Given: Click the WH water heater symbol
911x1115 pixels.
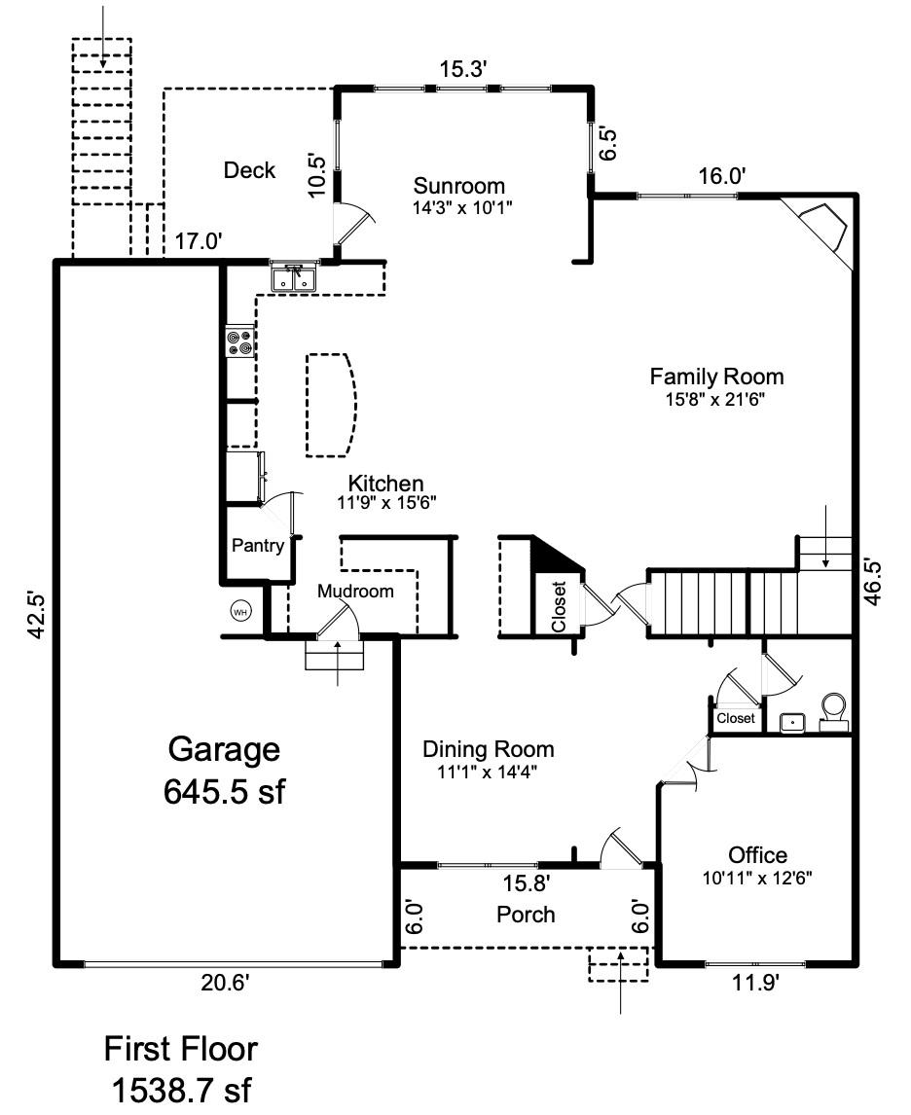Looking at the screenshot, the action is (x=240, y=612).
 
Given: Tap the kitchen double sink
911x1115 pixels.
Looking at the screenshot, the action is (x=294, y=277).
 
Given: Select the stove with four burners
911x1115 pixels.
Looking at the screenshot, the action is (x=240, y=342).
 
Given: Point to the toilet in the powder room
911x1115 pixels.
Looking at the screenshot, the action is (x=833, y=712).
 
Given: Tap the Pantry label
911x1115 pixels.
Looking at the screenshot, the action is (x=258, y=546).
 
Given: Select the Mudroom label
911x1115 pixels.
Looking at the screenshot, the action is (x=355, y=591).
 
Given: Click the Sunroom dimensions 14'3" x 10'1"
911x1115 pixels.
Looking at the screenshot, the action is (x=462, y=208).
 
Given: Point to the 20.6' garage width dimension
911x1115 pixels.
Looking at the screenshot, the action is (x=225, y=983).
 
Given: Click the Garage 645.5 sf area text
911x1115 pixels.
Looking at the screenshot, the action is (x=224, y=771).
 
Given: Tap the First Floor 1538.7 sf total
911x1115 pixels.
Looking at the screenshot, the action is (x=181, y=1069).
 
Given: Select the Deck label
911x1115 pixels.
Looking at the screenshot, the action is (x=249, y=170).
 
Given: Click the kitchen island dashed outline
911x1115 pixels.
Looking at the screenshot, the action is (x=332, y=405).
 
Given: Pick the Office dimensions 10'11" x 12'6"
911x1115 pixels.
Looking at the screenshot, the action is (x=757, y=879).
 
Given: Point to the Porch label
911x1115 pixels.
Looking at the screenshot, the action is (x=526, y=915).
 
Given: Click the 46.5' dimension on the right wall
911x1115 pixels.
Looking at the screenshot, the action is (x=873, y=583).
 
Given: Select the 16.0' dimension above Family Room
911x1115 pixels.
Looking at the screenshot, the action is (x=721, y=176).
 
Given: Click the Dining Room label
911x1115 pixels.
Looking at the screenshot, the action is (x=488, y=749).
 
